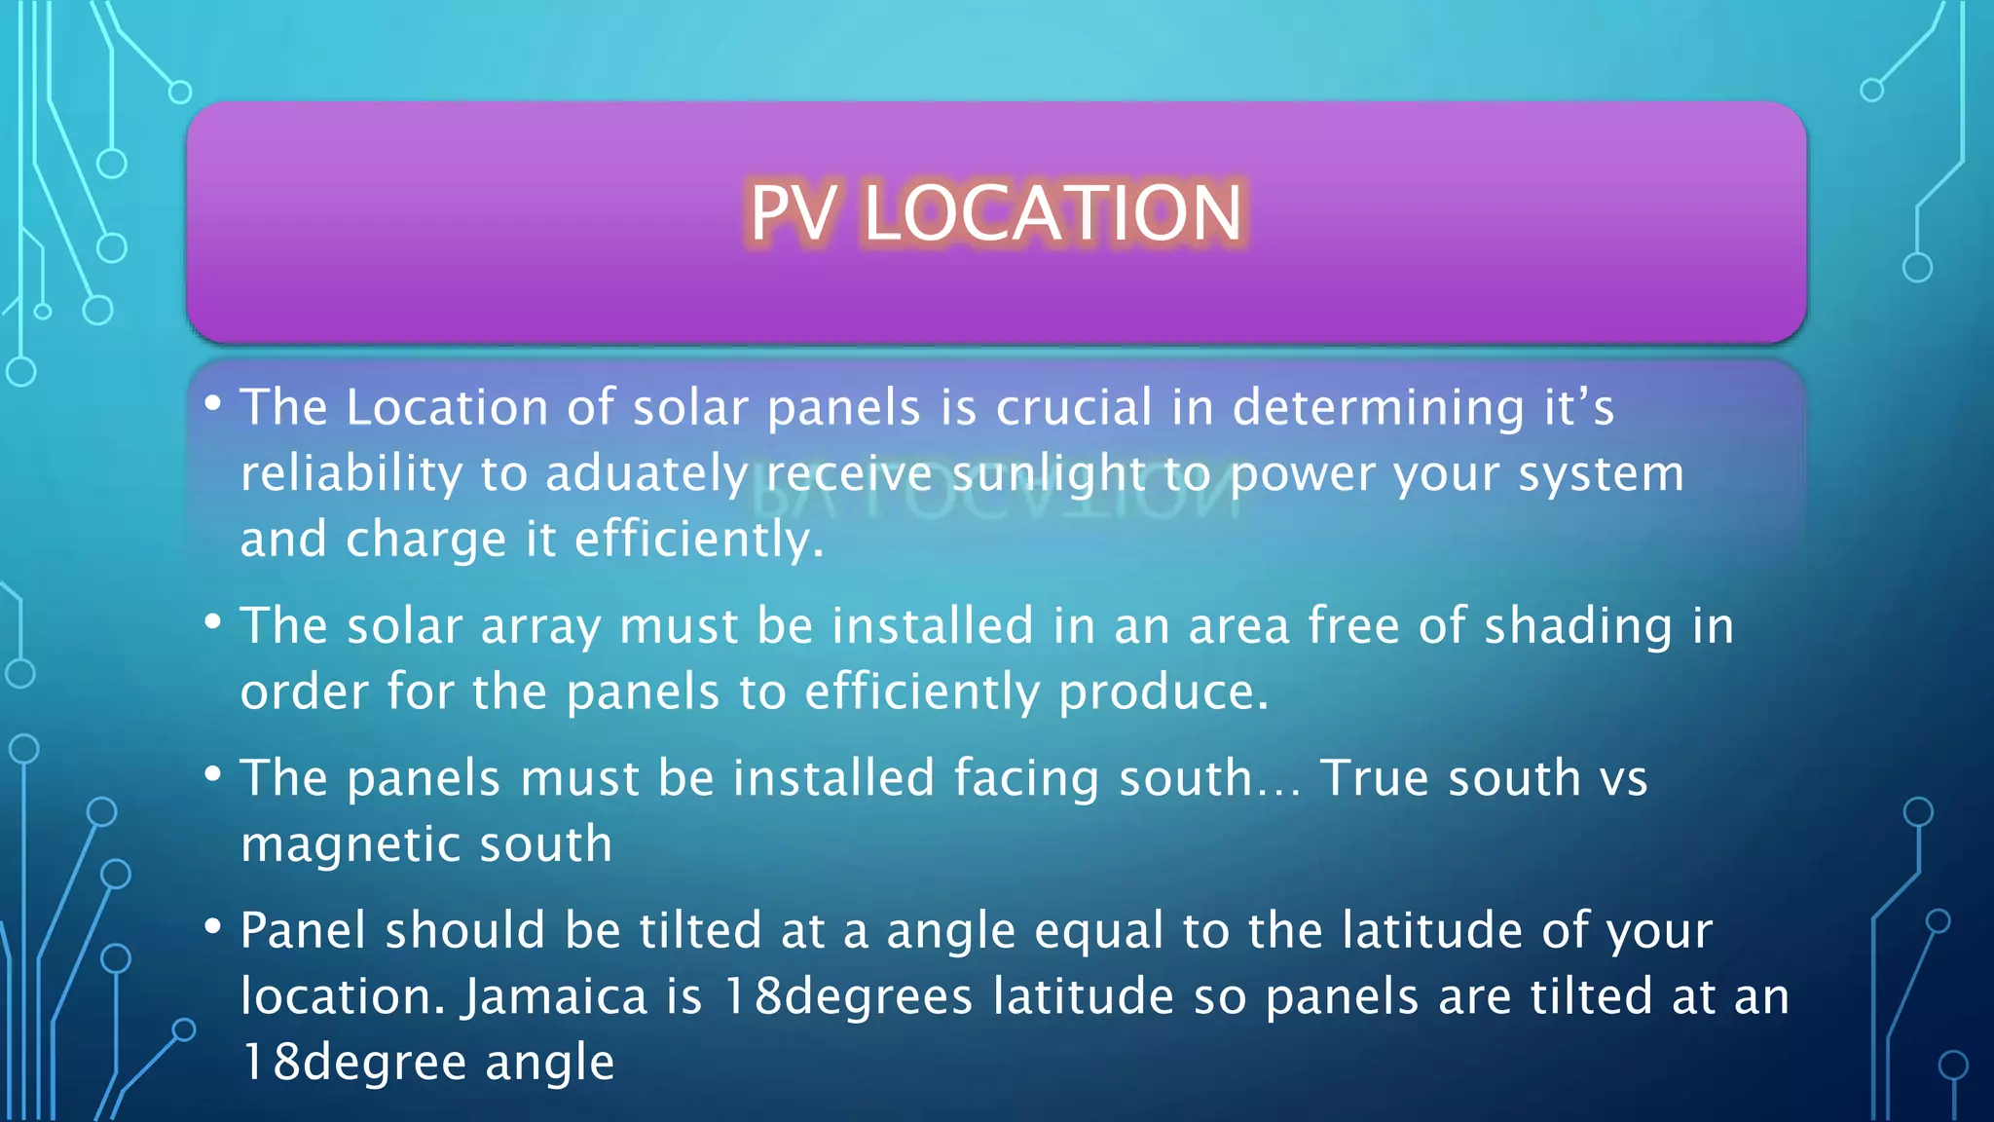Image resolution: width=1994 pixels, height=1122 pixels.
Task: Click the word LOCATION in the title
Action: tap(1053, 213)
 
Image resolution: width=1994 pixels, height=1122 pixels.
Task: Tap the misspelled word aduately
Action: tap(646, 474)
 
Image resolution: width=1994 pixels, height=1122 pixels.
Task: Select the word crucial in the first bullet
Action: tap(1074, 407)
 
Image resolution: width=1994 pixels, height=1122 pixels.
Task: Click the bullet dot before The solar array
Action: tap(213, 622)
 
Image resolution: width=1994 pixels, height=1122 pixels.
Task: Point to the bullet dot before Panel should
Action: tap(213, 926)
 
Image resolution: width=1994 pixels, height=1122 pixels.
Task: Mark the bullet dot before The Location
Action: tap(213, 402)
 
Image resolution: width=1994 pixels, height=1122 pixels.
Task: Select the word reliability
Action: tap(351, 474)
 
